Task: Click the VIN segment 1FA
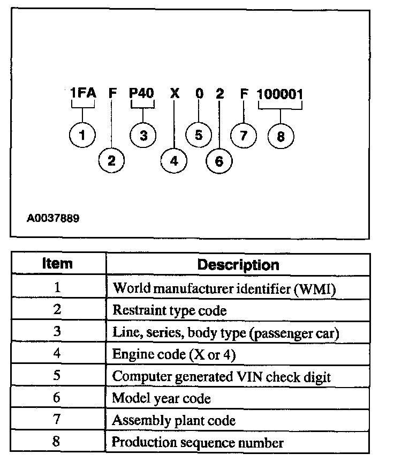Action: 83,94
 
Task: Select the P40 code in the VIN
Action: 142,94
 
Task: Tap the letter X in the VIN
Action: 174,94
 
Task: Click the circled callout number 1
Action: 82,135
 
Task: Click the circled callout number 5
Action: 199,135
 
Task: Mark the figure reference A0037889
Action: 54,219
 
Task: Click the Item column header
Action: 58,264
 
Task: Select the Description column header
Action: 238,265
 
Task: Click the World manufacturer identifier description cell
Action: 224,288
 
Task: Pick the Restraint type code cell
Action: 170,310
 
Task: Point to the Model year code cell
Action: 161,398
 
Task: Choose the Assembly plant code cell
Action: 173,420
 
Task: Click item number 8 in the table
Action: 58,442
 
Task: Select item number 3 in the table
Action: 58,332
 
